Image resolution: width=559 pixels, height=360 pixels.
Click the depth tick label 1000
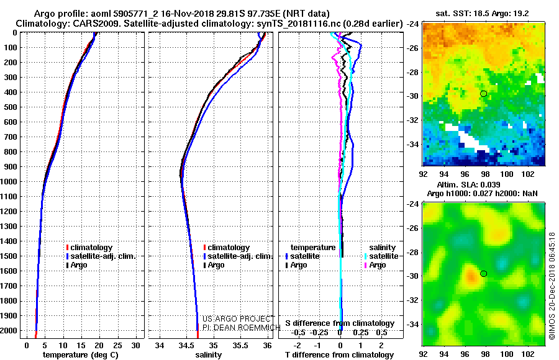pyautogui.click(x=9, y=182)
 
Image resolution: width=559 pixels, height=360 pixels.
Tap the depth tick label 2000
pyautogui.click(x=9, y=331)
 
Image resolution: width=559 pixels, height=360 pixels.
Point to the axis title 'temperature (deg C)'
pyautogui.click(x=81, y=355)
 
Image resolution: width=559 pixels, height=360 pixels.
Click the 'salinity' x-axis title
pyautogui.click(x=209, y=355)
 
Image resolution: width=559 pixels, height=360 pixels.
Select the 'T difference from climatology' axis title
pyautogui.click(x=339, y=355)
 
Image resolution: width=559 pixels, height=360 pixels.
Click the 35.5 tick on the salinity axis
pyautogui.click(x=240, y=345)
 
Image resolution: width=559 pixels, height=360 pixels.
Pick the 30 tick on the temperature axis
pyautogui.click(x=135, y=345)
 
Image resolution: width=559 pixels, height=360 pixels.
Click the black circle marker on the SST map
pyautogui.click(x=483, y=94)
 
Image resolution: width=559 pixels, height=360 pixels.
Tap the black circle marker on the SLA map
pyautogui.click(x=483, y=274)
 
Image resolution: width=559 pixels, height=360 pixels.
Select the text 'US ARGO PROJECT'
pyautogui.click(x=239, y=318)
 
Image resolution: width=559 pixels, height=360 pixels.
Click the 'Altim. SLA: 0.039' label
pyautogui.click(x=468, y=184)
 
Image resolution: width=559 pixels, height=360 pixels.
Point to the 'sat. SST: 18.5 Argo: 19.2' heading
pyautogui.click(x=482, y=14)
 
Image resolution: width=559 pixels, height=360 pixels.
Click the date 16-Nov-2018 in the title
pyautogui.click(x=186, y=14)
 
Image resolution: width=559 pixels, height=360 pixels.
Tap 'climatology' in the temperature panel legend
pyautogui.click(x=91, y=248)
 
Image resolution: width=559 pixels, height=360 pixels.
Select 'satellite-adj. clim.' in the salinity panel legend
pyautogui.click(x=240, y=256)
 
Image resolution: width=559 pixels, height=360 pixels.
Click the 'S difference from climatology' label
pyautogui.click(x=340, y=323)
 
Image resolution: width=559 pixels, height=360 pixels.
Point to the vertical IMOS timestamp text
pyautogui.click(x=552, y=286)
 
